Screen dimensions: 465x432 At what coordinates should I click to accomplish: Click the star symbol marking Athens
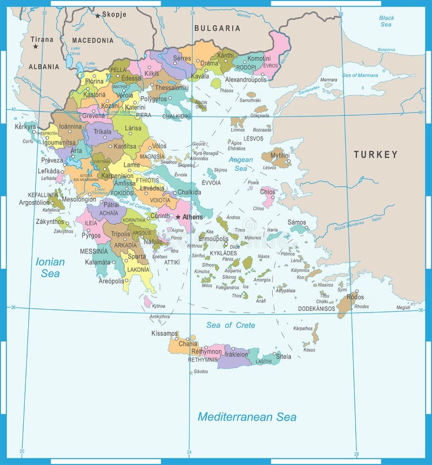coord(178,217)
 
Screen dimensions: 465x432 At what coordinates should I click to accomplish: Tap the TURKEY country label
coord(376,155)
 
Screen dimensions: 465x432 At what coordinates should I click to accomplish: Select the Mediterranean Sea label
coord(247,417)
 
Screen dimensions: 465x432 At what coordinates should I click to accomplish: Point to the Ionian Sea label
coord(50,268)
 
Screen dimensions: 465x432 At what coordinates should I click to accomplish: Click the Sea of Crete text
coord(231,325)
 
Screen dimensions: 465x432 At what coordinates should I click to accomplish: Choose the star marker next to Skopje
coord(98,16)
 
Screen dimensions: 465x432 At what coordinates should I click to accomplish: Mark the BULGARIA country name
coord(217,28)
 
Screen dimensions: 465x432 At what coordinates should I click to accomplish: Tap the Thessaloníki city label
coord(172,87)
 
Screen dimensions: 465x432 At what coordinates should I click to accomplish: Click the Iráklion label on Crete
coord(237,354)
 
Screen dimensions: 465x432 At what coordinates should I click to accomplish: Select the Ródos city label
coord(355,297)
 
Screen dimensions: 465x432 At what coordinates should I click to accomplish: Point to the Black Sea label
coord(386,21)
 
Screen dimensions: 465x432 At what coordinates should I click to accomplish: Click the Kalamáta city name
coord(96,262)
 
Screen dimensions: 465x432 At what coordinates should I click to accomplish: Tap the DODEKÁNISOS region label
coord(317,309)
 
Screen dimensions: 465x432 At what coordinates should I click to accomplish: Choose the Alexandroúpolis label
coord(246,79)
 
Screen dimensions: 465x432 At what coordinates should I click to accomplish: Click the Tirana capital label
coord(42,39)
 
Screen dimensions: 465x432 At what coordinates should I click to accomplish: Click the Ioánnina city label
coord(71,126)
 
